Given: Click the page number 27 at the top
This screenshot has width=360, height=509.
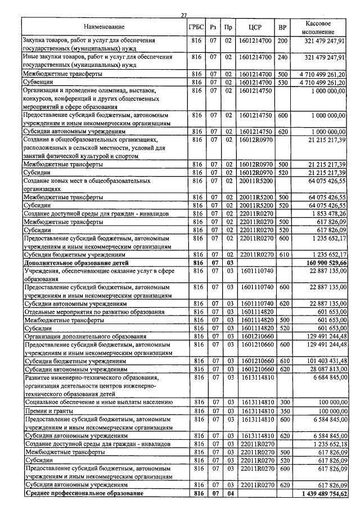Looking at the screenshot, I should tap(184, 15).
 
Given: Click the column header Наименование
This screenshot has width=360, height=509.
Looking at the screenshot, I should tap(104, 27).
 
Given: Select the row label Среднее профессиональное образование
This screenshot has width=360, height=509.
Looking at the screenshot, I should tap(83, 493).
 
